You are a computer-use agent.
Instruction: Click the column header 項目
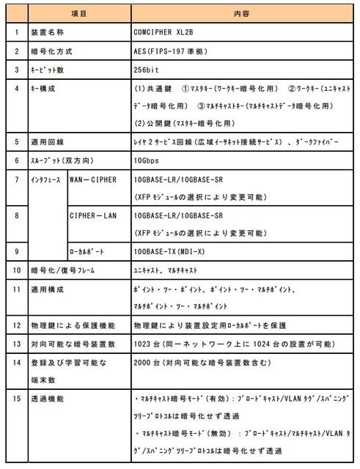[x=78, y=13]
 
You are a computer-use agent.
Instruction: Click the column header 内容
[x=241, y=13]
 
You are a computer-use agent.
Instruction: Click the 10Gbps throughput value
[x=145, y=160]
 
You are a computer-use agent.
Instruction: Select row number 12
[x=15, y=324]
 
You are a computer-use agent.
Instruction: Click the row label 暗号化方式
[x=51, y=53]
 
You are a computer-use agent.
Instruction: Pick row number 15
[x=15, y=400]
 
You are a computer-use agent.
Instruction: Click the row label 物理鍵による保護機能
[x=70, y=324]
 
